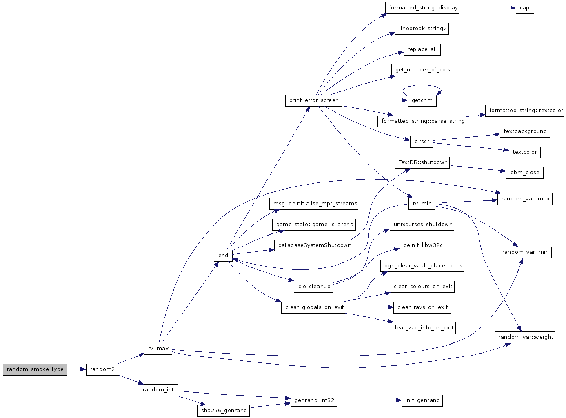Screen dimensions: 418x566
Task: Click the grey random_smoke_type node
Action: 35,369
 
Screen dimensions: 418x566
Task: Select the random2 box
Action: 102,369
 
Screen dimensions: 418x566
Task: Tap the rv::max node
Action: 158,349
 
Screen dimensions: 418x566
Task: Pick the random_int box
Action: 158,390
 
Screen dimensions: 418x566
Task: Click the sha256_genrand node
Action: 224,411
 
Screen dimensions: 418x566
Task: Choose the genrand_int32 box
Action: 314,400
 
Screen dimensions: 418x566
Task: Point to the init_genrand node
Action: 422,400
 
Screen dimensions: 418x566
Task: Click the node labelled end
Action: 223,256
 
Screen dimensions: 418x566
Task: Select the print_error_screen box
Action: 313,100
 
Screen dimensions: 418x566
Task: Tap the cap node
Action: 524,8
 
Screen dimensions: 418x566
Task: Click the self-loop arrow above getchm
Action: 422,86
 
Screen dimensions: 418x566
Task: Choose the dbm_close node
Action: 524,173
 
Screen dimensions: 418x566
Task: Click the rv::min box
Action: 422,204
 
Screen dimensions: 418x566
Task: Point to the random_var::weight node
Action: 525,337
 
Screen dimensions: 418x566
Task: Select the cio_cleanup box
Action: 314,287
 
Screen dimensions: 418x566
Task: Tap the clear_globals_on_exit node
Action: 313,307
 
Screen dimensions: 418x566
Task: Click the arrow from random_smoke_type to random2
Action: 76,369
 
